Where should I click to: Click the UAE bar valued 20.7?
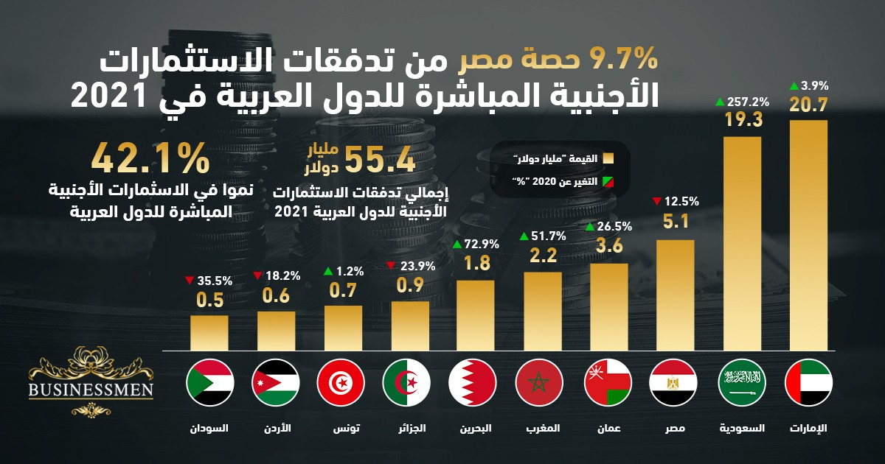pyautogui.click(x=808, y=236)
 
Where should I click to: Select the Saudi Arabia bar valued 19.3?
pyautogui.click(x=742, y=243)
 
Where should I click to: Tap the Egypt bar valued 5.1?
pyautogui.click(x=675, y=295)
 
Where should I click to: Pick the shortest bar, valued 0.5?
pyautogui.click(x=209, y=333)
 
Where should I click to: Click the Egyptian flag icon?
pyautogui.click(x=673, y=383)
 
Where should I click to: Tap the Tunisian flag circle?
pyautogui.click(x=340, y=383)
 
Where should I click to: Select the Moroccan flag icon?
pyautogui.click(x=540, y=383)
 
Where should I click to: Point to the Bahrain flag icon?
pyautogui.click(x=472, y=383)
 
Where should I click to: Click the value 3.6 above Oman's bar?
pyautogui.click(x=608, y=247)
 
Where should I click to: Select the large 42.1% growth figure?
pyautogui.click(x=150, y=159)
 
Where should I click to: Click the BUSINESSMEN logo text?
pyautogui.click(x=91, y=389)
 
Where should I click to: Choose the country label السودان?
pyautogui.click(x=209, y=428)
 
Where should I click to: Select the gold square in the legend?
pyautogui.click(x=608, y=158)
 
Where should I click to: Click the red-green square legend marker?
pyautogui.click(x=608, y=181)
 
